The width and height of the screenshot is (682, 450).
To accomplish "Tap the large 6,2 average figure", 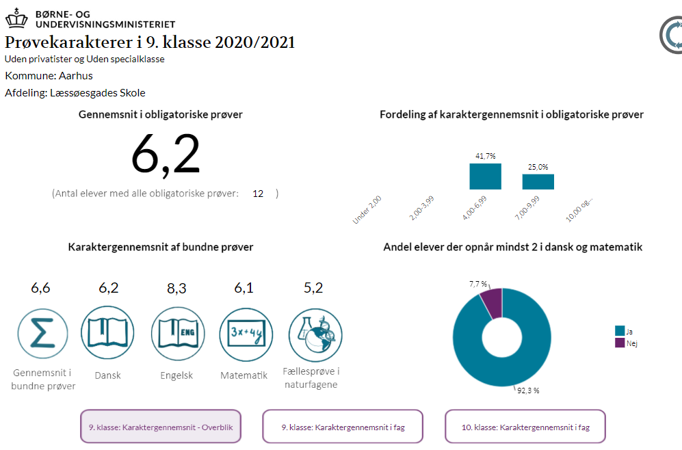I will pyautogui.click(x=166, y=155).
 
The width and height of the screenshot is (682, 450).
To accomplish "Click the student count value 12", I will pyautogui.click(x=258, y=194).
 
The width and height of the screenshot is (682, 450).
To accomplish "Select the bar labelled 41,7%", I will pyautogui.click(x=485, y=176).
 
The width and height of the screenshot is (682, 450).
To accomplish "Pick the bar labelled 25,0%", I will pyautogui.click(x=538, y=181).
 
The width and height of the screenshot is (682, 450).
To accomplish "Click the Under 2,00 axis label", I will pyautogui.click(x=367, y=209).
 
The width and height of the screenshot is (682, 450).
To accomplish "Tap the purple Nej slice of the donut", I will pyautogui.click(x=492, y=302).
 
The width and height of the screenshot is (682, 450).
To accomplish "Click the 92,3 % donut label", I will pyautogui.click(x=527, y=391).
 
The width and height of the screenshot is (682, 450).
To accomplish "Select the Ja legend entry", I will pyautogui.click(x=624, y=331).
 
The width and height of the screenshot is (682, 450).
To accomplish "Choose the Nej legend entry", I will pyautogui.click(x=626, y=343).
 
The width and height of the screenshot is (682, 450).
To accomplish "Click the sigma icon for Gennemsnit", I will pyautogui.click(x=42, y=333).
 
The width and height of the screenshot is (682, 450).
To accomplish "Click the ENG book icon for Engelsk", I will pyautogui.click(x=176, y=333).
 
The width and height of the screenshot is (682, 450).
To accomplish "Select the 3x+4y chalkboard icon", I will pyautogui.click(x=245, y=333).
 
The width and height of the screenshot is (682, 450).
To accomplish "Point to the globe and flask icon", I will pyautogui.click(x=314, y=333).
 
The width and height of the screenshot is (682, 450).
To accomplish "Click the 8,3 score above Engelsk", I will pyautogui.click(x=176, y=288).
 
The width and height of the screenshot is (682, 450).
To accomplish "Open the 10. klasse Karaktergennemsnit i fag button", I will pyautogui.click(x=525, y=427).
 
